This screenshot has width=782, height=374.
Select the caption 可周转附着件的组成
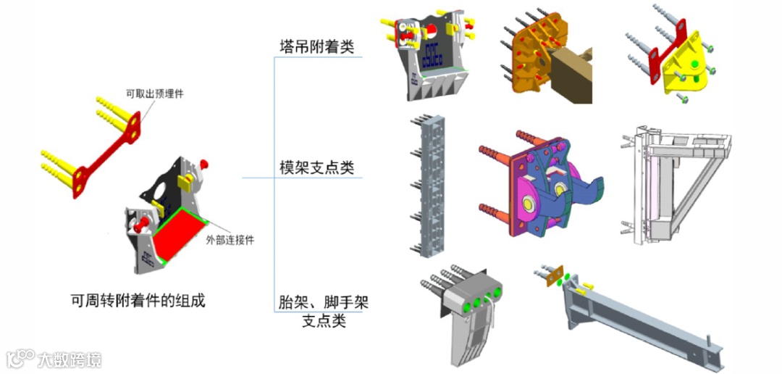pyautogui.click(x=138, y=300)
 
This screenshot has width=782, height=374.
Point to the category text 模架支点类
pyautogui.click(x=317, y=168)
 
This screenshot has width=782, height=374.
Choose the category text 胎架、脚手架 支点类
pyautogui.click(x=324, y=310)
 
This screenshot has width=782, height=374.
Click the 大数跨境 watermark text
pyautogui.click(x=70, y=359)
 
